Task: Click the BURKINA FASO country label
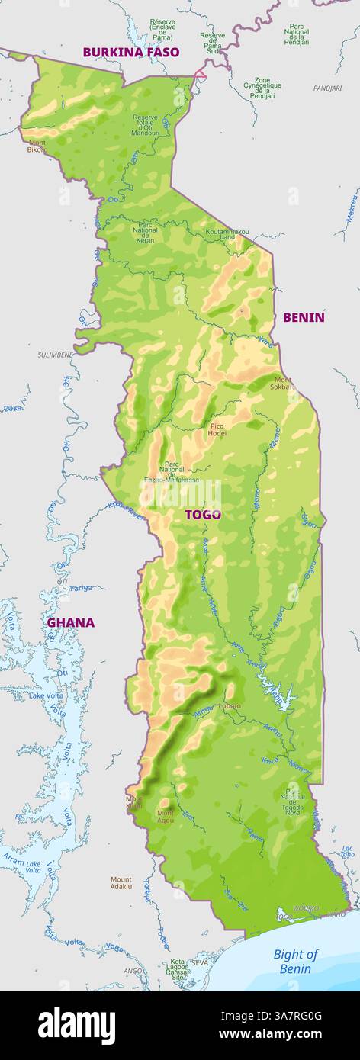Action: [x=131, y=52]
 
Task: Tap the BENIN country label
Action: [x=304, y=317]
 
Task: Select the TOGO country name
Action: [x=203, y=515]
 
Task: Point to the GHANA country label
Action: [x=71, y=622]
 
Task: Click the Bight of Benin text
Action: [x=295, y=961]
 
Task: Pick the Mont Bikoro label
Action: [x=37, y=146]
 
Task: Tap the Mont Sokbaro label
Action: [x=283, y=384]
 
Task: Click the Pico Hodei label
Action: [x=217, y=429]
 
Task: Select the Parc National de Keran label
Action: [x=145, y=233]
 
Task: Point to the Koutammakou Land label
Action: [x=227, y=234]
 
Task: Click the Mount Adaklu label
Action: [x=121, y=883]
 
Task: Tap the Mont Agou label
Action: [x=166, y=817]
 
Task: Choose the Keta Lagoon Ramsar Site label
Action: [x=177, y=969]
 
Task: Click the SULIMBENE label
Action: [x=56, y=355]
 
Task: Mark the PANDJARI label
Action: [x=327, y=88]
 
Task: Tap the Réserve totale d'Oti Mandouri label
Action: [x=146, y=125]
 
